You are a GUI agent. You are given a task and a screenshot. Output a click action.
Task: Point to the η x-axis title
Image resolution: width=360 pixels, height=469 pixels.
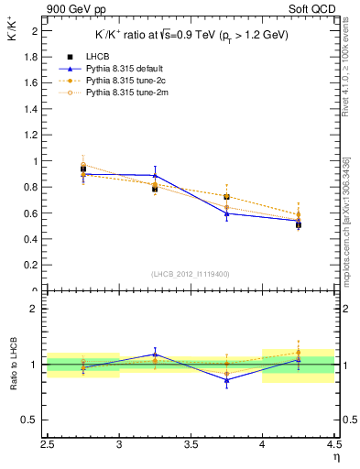[336, 455]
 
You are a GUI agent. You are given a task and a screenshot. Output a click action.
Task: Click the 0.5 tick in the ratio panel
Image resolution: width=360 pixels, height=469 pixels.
[33, 420]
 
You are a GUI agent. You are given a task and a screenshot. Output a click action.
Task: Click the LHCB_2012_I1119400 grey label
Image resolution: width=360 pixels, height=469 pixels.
[191, 273]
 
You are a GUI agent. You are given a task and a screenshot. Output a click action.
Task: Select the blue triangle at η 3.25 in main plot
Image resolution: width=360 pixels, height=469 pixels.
[155, 175]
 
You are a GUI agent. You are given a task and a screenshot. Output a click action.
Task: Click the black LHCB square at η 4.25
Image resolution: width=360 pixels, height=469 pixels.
[298, 224]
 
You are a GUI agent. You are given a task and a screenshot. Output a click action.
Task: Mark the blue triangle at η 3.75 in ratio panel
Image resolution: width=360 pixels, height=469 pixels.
[226, 380]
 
